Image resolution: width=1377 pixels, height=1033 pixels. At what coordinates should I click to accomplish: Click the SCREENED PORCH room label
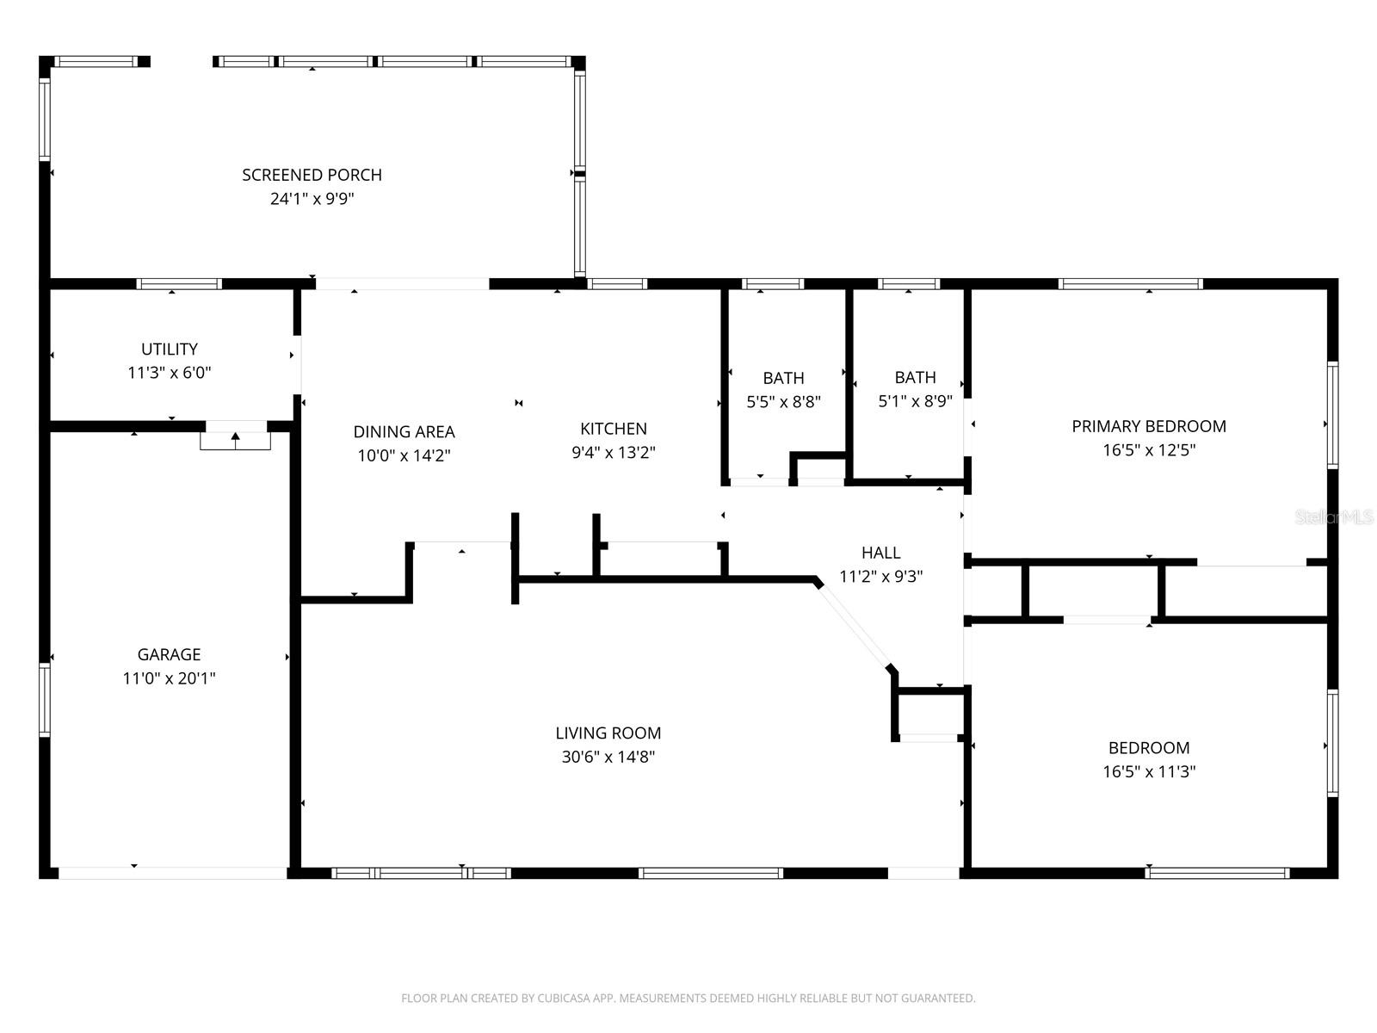click(312, 175)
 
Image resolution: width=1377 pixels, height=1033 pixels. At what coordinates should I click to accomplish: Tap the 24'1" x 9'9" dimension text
click(312, 199)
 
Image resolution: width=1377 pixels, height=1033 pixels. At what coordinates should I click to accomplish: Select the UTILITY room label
click(170, 349)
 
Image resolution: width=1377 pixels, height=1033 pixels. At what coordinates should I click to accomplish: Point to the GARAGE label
click(169, 654)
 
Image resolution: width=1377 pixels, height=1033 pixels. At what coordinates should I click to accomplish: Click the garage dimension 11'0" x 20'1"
click(169, 678)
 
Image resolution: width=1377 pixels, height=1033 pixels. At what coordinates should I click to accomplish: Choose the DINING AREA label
click(404, 432)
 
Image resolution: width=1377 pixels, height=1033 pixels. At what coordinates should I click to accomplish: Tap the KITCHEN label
click(613, 429)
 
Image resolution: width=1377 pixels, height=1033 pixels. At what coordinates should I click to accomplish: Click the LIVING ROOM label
click(608, 733)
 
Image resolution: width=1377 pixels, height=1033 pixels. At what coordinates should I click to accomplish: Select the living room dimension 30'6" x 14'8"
click(608, 758)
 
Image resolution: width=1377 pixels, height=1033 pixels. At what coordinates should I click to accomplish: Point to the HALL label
click(880, 553)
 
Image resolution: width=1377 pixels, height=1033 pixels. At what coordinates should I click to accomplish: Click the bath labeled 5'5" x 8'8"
click(783, 401)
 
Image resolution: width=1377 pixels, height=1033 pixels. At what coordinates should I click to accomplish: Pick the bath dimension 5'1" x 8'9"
click(915, 401)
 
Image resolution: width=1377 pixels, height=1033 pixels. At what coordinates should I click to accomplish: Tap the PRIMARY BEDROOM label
click(1148, 426)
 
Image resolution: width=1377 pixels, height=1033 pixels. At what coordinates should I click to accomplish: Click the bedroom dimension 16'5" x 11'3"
click(1148, 772)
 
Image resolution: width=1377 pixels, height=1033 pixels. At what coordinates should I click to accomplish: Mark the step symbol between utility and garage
click(235, 438)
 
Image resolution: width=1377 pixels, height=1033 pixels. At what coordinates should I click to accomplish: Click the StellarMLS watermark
click(1334, 516)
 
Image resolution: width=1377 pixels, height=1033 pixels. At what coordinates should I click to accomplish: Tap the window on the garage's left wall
click(45, 699)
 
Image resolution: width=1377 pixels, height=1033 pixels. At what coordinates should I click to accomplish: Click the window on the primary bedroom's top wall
click(1130, 284)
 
